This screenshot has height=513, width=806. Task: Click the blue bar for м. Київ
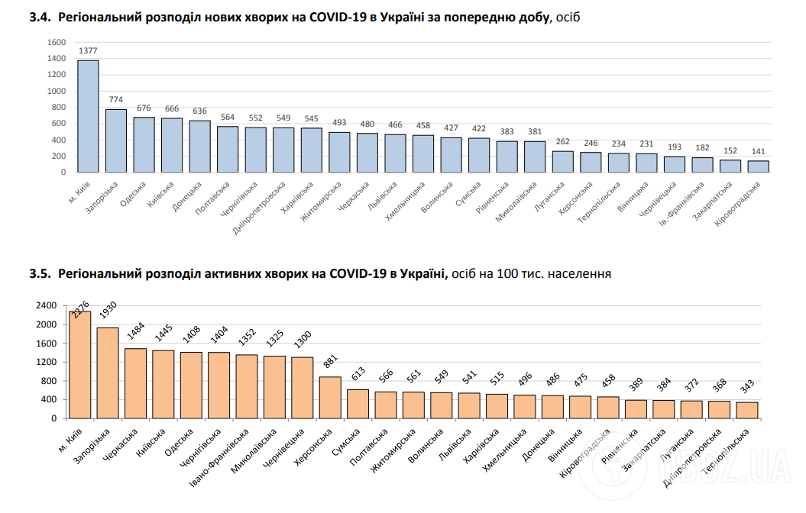pos(88,116)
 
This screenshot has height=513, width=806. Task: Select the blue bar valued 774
pos(116,141)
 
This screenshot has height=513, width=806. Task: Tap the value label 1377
pos(88,52)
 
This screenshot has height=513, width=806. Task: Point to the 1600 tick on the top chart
pos(57,41)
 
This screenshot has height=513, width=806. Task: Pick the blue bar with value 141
pos(758,166)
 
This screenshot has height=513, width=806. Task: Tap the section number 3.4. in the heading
pos(39,17)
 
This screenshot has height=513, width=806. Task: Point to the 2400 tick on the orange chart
pos(47,305)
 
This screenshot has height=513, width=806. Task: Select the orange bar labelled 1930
pos(108,373)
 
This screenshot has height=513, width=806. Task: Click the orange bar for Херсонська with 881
pos(330,398)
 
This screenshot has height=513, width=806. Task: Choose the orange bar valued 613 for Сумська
pos(358,404)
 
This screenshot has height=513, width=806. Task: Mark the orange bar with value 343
pos(746,410)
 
